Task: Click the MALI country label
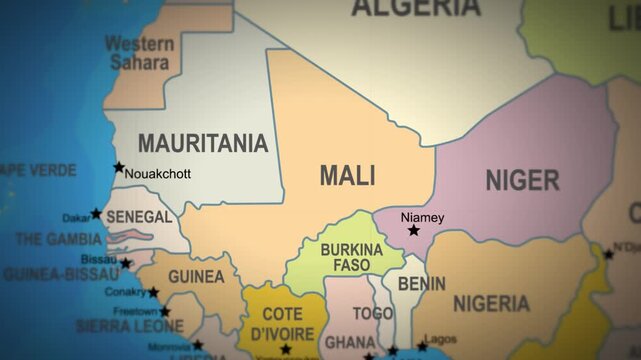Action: tap(348, 176)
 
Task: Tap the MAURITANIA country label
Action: tap(203, 143)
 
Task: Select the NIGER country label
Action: tap(522, 181)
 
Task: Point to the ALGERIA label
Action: tap(415, 8)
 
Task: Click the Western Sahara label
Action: tap(139, 53)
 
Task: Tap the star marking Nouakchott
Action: tap(120, 167)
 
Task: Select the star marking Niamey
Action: tap(414, 230)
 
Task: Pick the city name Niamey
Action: tap(422, 216)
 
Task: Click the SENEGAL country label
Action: tap(138, 217)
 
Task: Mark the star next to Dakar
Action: tap(96, 213)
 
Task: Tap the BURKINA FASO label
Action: tap(351, 257)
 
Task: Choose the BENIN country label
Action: tap(422, 284)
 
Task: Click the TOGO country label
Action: tap(372, 313)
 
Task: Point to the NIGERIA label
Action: tap(491, 303)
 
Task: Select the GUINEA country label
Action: tap(195, 276)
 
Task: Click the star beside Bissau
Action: tap(126, 263)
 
